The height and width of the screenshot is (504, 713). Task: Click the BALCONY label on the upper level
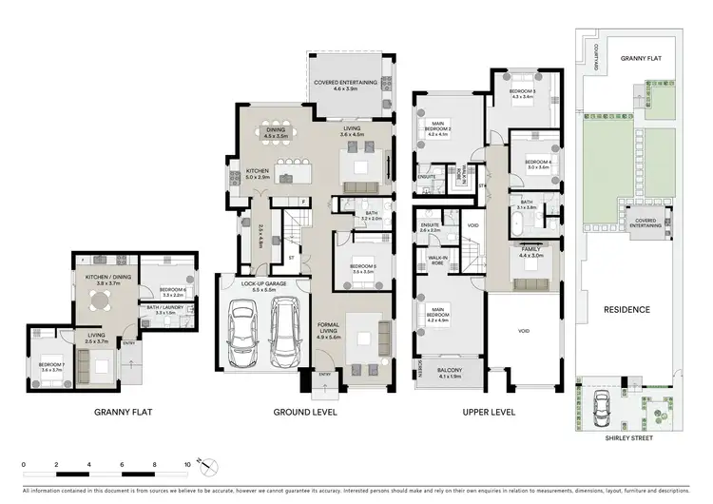pyautogui.click(x=450, y=373)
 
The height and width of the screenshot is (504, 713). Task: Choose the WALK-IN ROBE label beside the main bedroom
pyautogui.click(x=437, y=259)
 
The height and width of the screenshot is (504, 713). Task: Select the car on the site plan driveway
pyautogui.click(x=601, y=407)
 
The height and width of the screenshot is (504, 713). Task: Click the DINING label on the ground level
pyautogui.click(x=275, y=132)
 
